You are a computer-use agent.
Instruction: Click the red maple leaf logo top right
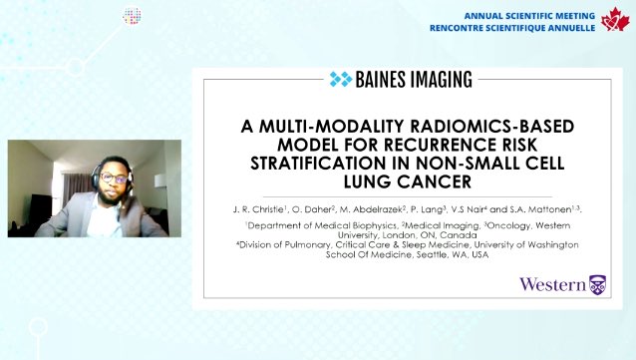tap(613, 20)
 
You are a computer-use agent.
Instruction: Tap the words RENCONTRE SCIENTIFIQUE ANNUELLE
tap(512, 28)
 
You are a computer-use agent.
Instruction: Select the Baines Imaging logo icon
tap(341, 79)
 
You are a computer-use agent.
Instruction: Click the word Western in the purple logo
tap(552, 285)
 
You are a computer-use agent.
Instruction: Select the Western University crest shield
tap(597, 284)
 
